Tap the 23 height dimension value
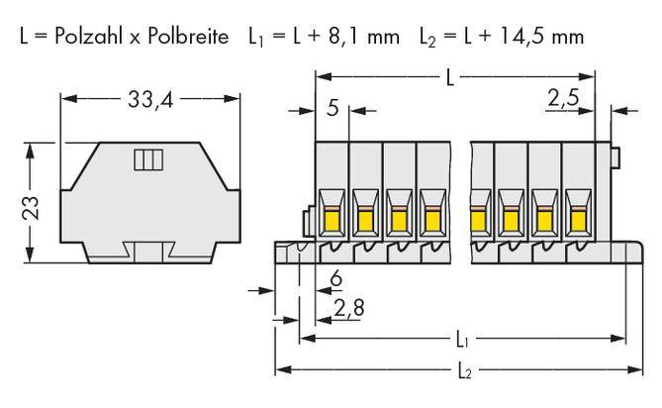(x=31, y=205)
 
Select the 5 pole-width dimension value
(x=333, y=107)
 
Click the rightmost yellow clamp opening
(x=577, y=219)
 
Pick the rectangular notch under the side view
(x=146, y=253)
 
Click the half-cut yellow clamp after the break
(x=477, y=219)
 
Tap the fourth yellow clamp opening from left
(x=431, y=219)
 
